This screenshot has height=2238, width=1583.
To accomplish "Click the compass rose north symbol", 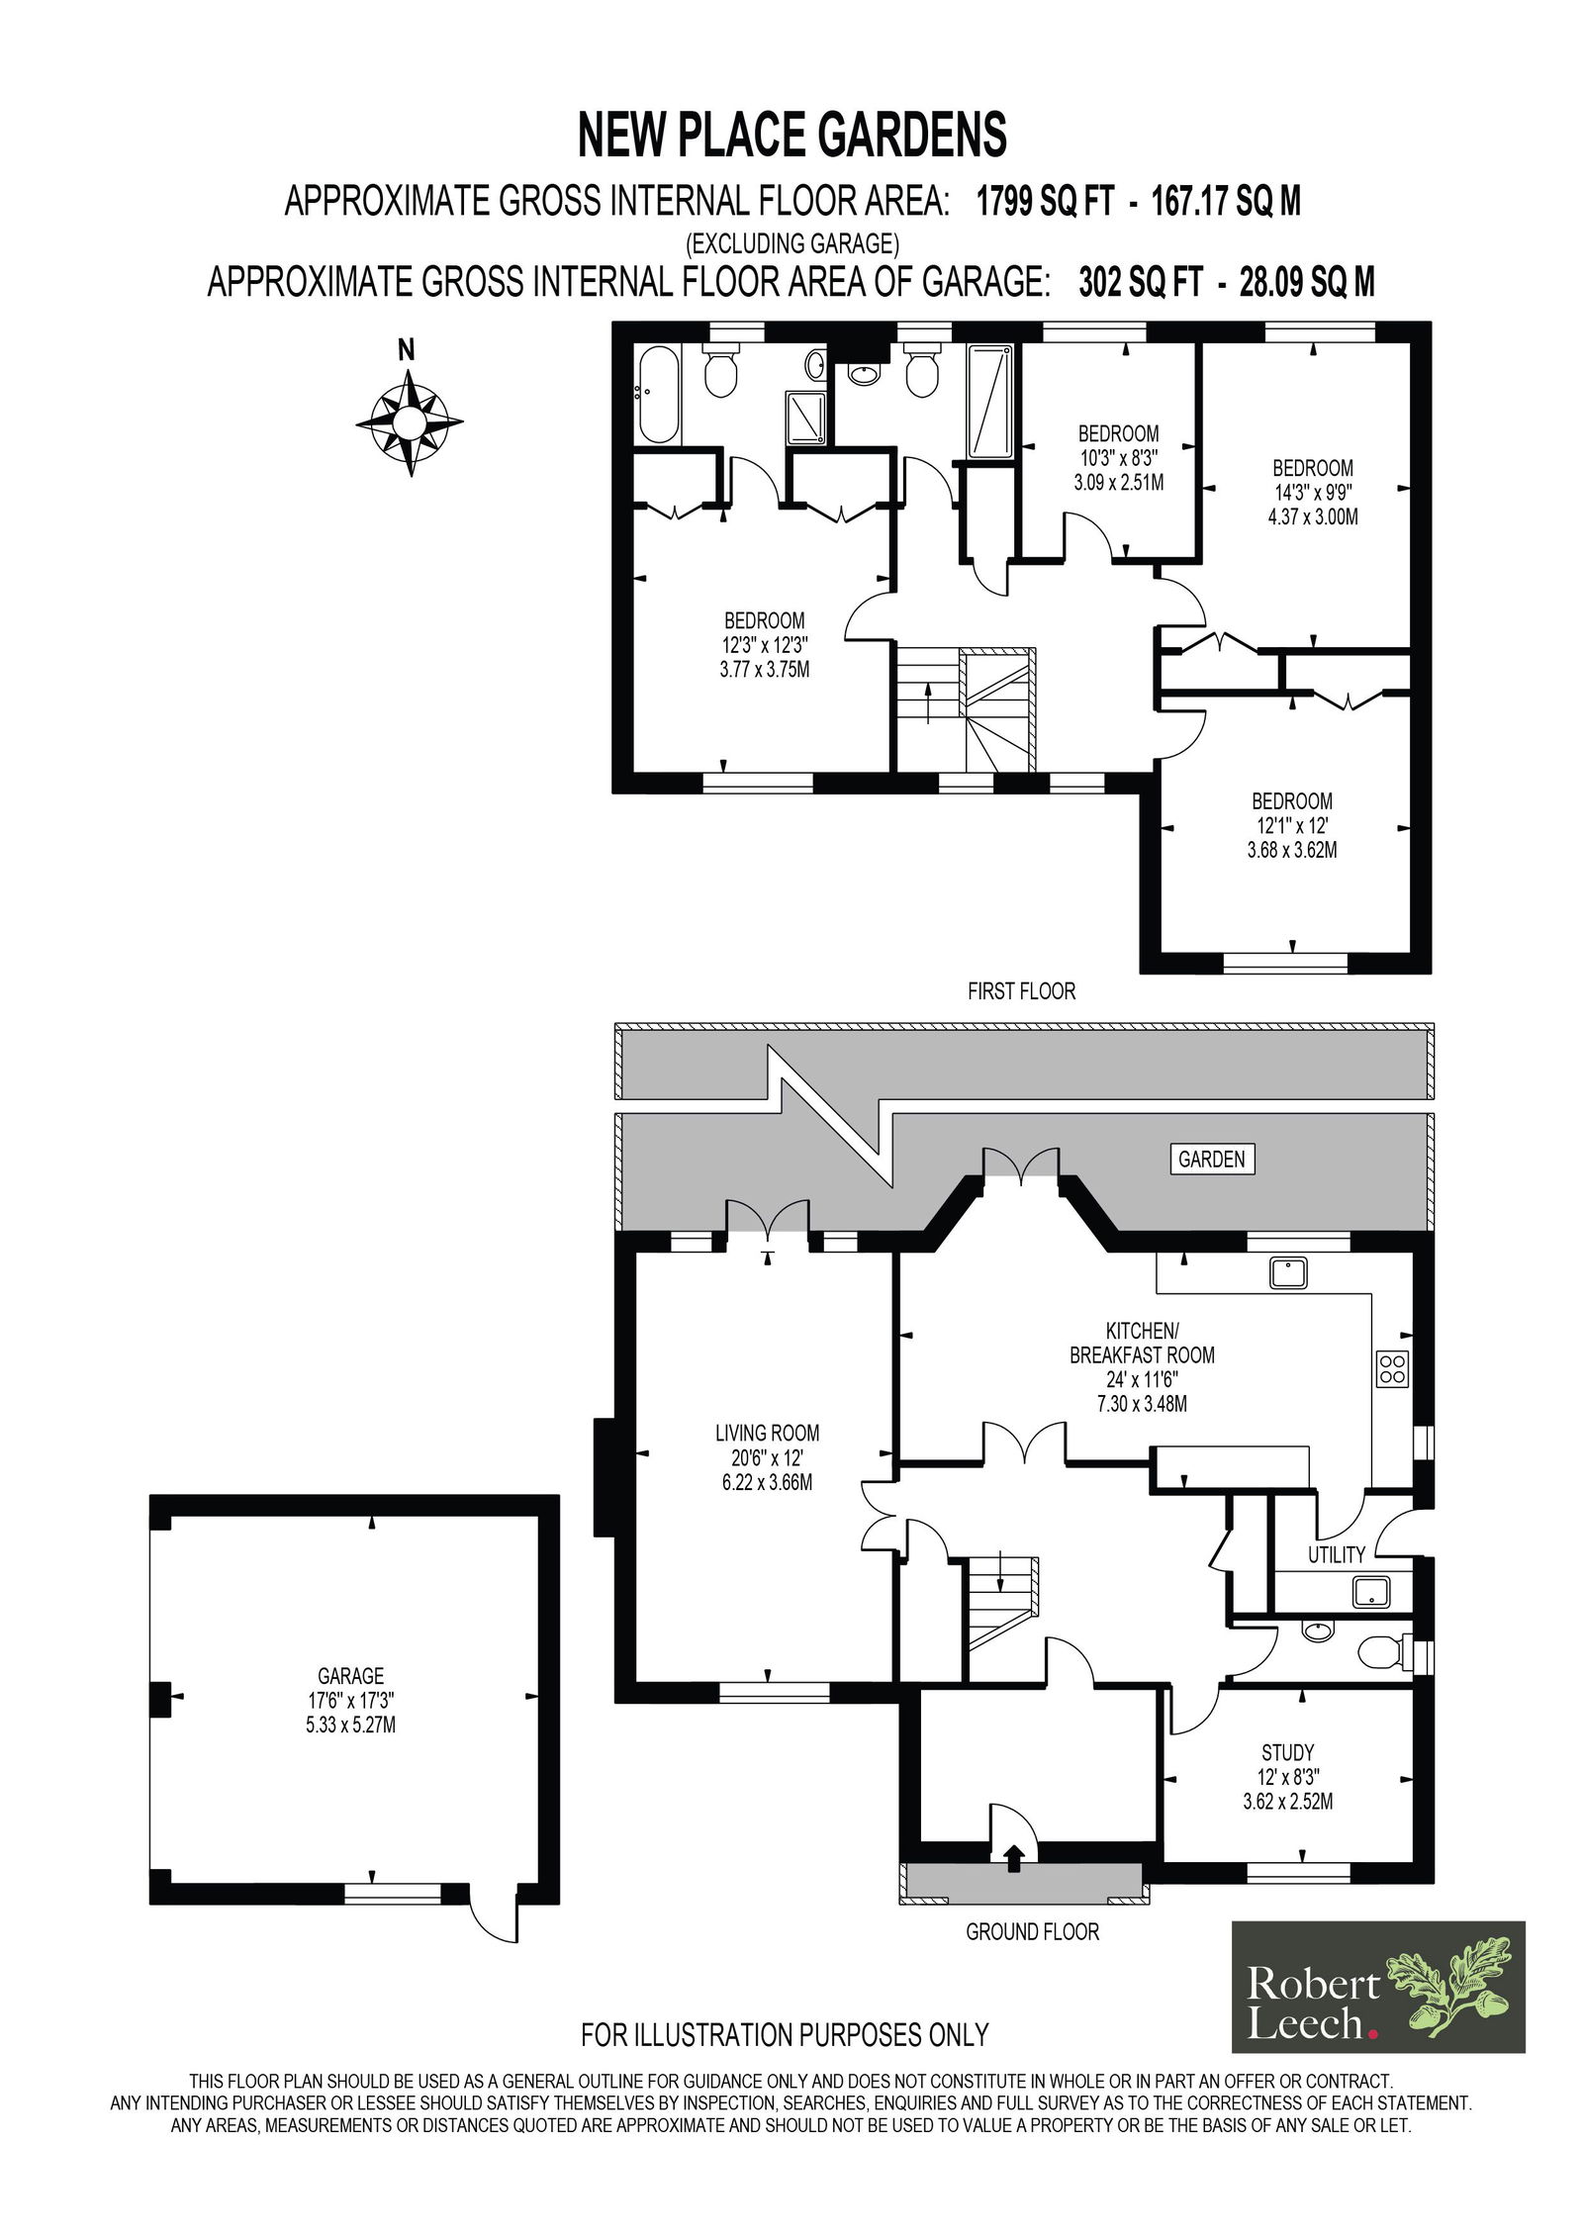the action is [409, 422].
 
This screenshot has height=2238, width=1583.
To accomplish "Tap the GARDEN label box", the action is [1211, 1159].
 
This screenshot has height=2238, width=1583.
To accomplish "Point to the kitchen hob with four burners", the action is [1392, 1369].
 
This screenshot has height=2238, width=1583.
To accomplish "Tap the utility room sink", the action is [1370, 1592].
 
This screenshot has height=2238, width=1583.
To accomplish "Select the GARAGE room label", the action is [351, 1676].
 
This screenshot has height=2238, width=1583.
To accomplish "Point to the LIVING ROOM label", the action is [767, 1433].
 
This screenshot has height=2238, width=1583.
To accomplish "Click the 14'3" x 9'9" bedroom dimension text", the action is [1313, 492].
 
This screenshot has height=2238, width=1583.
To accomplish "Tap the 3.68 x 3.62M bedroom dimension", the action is [1292, 850].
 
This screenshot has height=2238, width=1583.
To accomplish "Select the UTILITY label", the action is [1336, 1554].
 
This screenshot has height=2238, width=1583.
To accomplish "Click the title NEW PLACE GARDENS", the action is [792, 136].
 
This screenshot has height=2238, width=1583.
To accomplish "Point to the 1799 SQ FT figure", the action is [1045, 202].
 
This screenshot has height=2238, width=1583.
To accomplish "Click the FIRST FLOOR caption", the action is [1021, 991].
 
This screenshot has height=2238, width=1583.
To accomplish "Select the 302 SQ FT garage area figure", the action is [1140, 283].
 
